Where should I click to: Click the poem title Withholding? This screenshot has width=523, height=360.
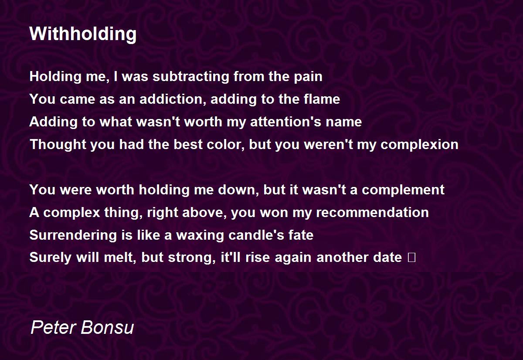pyautogui.click(x=83, y=34)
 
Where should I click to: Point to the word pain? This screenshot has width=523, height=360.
pyautogui.click(x=308, y=77)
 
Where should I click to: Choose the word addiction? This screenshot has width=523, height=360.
pyautogui.click(x=173, y=99)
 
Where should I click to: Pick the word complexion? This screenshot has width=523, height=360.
pyautogui.click(x=419, y=145)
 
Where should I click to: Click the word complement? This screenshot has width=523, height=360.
pyautogui.click(x=403, y=190)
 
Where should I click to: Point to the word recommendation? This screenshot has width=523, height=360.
pyautogui.click(x=372, y=212)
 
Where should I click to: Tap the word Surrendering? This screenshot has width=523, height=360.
pyautogui.click(x=73, y=235)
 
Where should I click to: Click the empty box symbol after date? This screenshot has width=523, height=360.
pyautogui.click(x=411, y=257)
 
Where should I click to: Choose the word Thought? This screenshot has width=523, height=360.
pyautogui.click(x=58, y=145)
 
